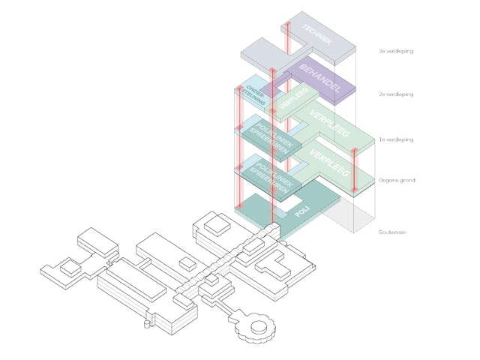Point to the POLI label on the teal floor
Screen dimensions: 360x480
click(x=302, y=211)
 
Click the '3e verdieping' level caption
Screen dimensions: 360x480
click(x=396, y=52)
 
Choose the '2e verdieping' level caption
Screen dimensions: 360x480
click(x=396, y=94)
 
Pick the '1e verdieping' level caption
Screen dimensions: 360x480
click(x=396, y=139)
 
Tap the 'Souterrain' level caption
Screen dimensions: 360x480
click(x=392, y=232)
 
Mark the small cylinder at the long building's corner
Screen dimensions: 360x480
click(x=143, y=325)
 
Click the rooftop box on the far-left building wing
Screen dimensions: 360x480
click(x=70, y=266)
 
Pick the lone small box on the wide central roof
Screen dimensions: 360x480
click(x=184, y=263)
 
